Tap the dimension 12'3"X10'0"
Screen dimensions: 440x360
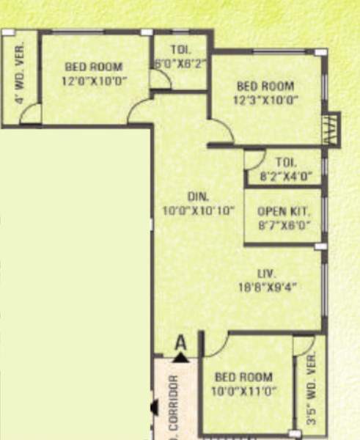265,100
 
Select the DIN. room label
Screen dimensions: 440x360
198,197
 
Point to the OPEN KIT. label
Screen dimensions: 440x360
284,211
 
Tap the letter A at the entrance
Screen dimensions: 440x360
180,342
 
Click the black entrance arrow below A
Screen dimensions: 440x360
180,357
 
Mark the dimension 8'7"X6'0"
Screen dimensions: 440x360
284,225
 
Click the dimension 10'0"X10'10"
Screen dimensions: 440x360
198,210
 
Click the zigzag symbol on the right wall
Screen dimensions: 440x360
331,129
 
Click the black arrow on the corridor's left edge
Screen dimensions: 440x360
154,407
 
